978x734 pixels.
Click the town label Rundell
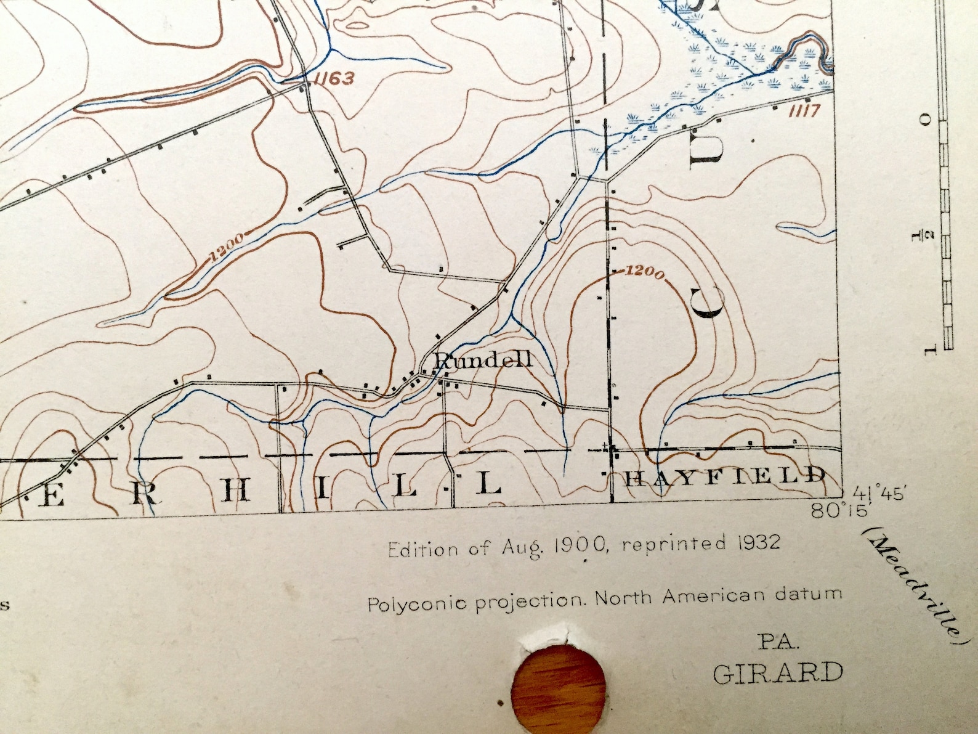(x=483, y=360)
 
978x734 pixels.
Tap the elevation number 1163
(x=335, y=78)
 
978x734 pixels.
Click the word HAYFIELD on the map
(x=724, y=476)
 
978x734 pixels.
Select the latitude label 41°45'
(x=879, y=493)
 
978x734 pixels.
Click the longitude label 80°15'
(x=839, y=511)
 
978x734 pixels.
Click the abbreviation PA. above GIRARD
(x=778, y=642)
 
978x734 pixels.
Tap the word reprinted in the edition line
(x=674, y=544)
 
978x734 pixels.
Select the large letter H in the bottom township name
(x=236, y=492)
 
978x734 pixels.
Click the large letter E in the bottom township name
(x=52, y=497)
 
